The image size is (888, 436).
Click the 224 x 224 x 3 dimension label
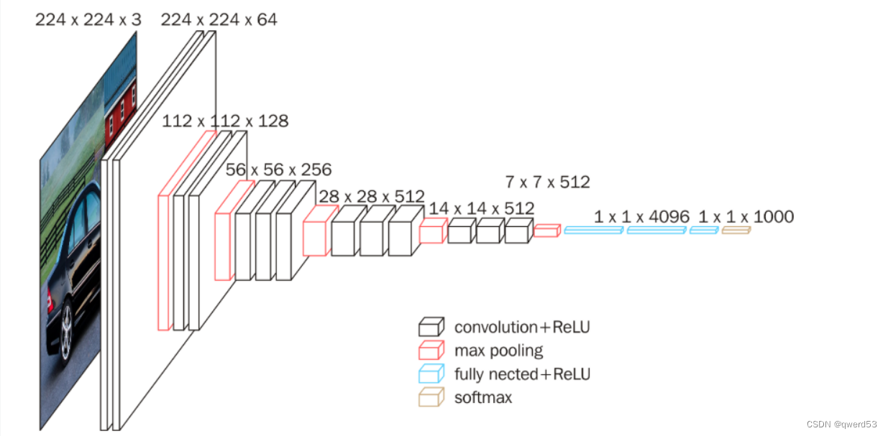click(x=88, y=19)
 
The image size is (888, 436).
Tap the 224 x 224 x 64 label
click(x=219, y=19)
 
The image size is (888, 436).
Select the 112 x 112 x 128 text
click(x=225, y=121)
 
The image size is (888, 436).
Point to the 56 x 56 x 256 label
click(x=278, y=170)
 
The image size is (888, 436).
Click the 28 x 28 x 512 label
click(x=372, y=196)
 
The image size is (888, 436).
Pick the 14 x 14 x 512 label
click(x=482, y=208)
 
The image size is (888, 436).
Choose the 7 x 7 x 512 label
click(x=547, y=182)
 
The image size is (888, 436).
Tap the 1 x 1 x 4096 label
click(x=642, y=217)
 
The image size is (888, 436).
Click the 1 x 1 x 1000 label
click(x=746, y=217)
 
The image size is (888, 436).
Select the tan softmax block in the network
click(x=736, y=230)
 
